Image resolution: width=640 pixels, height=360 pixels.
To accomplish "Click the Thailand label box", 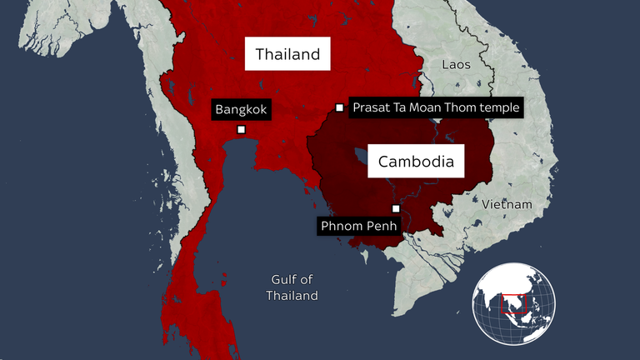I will coord(287,55).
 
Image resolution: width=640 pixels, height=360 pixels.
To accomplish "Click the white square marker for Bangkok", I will coord(241,129).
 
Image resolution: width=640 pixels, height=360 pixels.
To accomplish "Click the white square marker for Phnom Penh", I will coord(396,208).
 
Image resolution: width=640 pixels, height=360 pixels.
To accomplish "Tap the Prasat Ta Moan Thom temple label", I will coord(436,107).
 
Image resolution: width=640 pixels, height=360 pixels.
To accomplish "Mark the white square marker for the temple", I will coord(339,107).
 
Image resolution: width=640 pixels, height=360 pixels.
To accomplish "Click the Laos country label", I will coord(456,64).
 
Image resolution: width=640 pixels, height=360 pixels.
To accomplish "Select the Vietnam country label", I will coord(506,204).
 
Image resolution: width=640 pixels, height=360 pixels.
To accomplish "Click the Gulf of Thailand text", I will coord(292,287).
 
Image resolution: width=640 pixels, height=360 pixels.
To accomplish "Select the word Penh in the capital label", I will coord(382,225).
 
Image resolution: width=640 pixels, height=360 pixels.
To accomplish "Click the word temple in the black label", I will coord(501,107).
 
